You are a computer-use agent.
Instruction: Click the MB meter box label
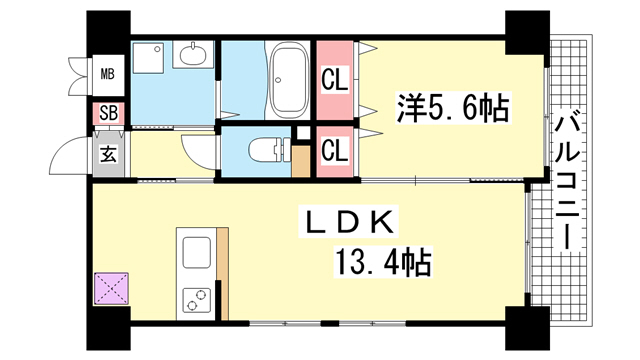tap(108, 74)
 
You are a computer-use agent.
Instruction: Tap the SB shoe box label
tap(108, 113)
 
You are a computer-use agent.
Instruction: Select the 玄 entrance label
tap(109, 155)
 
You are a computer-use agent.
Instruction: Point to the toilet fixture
tap(268, 149)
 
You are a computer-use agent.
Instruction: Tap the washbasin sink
tap(193, 54)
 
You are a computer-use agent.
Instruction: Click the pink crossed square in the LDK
tap(111, 288)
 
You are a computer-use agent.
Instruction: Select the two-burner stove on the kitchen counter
tap(196, 300)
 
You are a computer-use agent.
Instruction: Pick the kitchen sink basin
tap(196, 252)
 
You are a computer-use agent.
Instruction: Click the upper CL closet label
tap(334, 80)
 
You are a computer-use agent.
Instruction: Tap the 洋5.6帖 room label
tap(453, 108)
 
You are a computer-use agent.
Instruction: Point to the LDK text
tap(348, 222)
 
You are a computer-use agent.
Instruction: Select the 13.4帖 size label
tap(383, 262)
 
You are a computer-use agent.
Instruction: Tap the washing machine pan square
tap(148, 58)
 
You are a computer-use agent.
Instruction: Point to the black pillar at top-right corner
tap(527, 33)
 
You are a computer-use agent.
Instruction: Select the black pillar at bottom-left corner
tap(108, 328)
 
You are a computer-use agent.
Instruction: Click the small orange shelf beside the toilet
tap(301, 161)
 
